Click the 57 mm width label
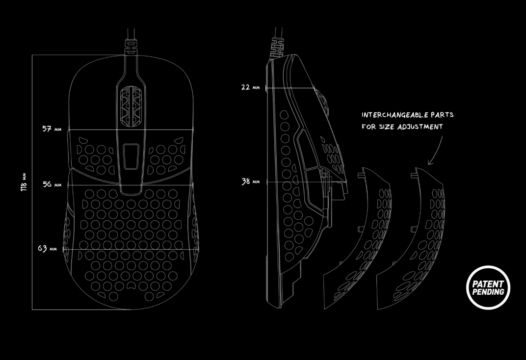tap(52, 129)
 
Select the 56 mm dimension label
tap(52, 184)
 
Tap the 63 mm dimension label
tap(47, 248)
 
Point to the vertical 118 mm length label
tap(24, 182)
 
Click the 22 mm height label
tap(250, 87)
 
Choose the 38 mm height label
tap(251, 181)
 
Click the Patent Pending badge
tap(488, 287)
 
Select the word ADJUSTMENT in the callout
tap(421, 127)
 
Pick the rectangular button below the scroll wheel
tap(131, 157)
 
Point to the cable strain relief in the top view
tap(131, 47)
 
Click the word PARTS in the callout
tap(442, 115)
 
